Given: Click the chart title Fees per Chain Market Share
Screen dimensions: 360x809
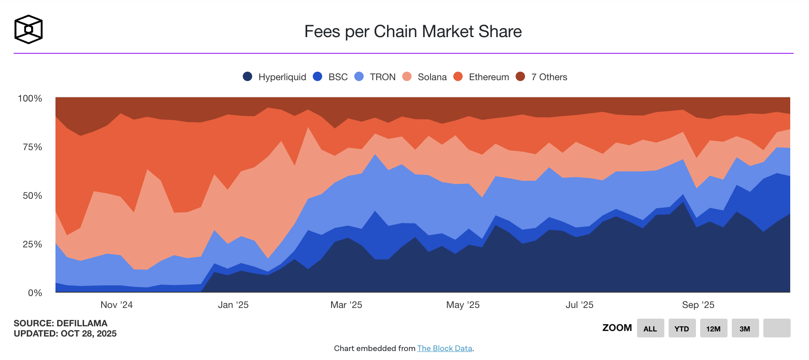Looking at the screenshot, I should [413, 32].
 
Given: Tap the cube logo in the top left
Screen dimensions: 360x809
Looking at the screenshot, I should [29, 29].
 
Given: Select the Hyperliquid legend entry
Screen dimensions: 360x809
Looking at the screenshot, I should [274, 77].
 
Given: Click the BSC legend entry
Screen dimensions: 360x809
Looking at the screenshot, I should [330, 77].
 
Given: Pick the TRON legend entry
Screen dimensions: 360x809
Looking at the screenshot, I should [375, 77].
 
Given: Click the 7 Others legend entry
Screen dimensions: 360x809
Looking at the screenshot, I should [541, 77].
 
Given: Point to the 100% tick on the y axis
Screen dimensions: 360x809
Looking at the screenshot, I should [30, 99].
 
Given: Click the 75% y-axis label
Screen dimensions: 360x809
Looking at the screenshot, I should [32, 147].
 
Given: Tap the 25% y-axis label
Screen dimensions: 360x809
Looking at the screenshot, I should [32, 244].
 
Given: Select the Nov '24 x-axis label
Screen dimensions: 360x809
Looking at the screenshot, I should [116, 305].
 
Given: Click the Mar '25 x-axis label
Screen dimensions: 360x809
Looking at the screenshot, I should [346, 305].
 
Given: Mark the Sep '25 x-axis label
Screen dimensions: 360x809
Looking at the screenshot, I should [698, 305].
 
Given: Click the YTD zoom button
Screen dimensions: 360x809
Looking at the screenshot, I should [682, 328].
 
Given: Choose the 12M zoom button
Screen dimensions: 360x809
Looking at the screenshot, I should [713, 328].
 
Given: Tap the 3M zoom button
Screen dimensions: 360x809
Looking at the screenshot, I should [745, 328].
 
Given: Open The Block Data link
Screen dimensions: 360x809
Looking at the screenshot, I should [445, 348].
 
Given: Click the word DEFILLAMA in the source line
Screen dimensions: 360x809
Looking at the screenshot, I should [82, 323].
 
